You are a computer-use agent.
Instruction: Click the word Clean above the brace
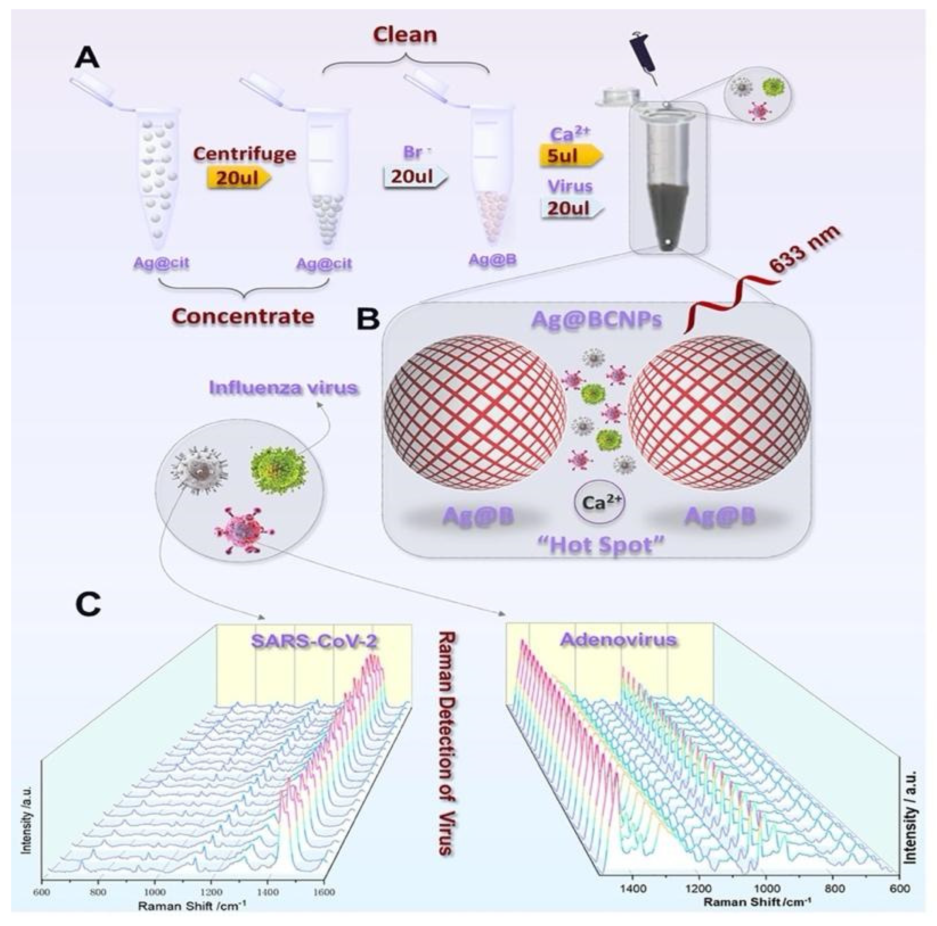[x=405, y=35]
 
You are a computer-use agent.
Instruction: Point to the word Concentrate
[x=243, y=316]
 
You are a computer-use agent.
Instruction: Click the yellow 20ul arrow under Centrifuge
[x=237, y=177]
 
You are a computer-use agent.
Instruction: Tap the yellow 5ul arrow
[x=570, y=156]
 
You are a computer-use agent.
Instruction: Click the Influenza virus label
[x=284, y=388]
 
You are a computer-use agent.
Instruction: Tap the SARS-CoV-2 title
[x=314, y=640]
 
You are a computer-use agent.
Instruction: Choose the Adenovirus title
[x=618, y=639]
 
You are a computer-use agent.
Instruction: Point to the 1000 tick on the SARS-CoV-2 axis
[x=155, y=891]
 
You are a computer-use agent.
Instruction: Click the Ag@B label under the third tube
[x=492, y=260]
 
